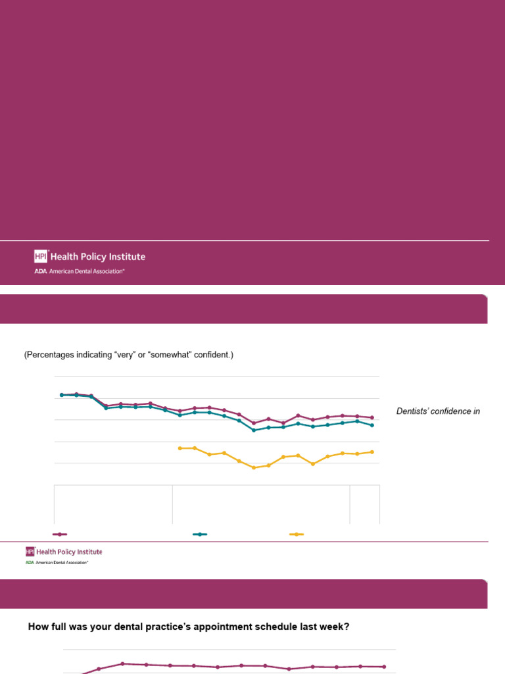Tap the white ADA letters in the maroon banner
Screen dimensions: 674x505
40,271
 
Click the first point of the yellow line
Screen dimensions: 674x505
180,448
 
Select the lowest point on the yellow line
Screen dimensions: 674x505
254,467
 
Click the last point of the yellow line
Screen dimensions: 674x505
372,452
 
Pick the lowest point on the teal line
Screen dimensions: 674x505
254,430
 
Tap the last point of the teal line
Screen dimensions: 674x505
372,425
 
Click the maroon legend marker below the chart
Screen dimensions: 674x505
60,534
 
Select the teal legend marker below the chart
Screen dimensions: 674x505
200,534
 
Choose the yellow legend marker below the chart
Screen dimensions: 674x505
297,534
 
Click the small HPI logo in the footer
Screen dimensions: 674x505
30,552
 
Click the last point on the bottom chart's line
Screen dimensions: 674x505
384,667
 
